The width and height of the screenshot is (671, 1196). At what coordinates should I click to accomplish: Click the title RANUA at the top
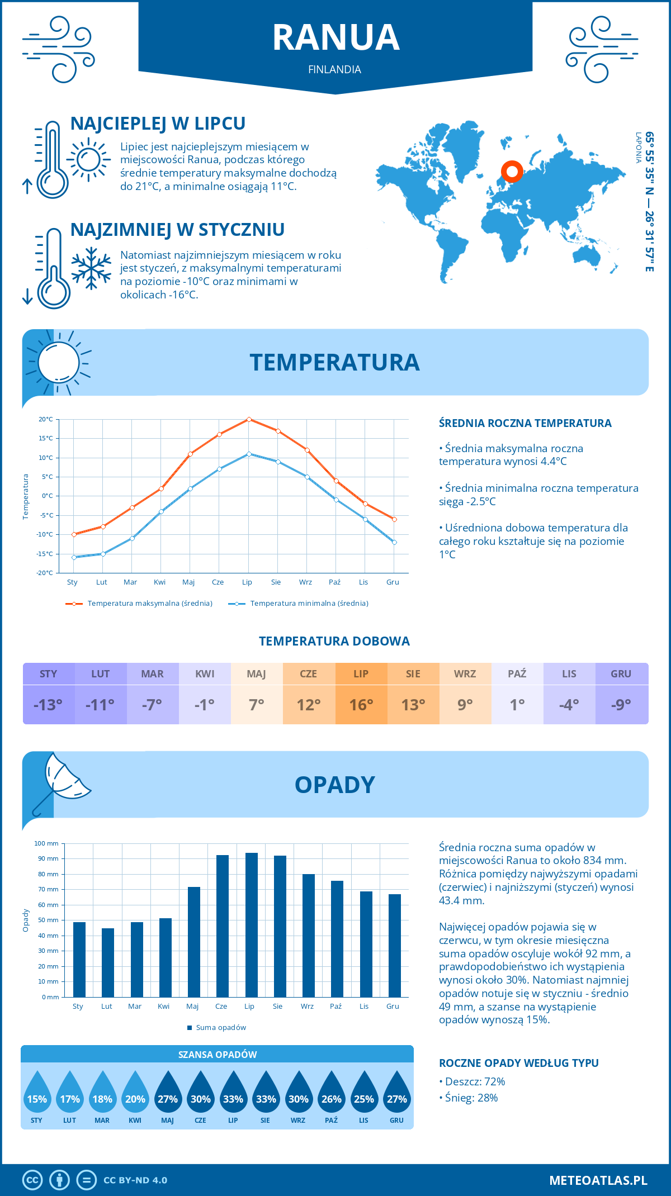[335, 38]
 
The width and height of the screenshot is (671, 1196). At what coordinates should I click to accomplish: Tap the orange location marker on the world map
[512, 171]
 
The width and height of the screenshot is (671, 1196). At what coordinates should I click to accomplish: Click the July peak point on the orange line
[249, 419]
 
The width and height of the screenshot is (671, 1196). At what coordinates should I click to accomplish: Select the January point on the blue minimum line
[74, 557]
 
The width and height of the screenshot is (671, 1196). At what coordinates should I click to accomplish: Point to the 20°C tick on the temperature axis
[46, 419]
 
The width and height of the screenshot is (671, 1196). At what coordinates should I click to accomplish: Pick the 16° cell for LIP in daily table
[361, 705]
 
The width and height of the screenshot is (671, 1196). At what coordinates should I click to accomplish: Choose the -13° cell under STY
[49, 705]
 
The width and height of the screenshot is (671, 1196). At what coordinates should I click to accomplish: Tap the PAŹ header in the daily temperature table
[517, 674]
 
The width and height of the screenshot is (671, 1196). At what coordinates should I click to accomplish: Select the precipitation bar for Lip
[252, 925]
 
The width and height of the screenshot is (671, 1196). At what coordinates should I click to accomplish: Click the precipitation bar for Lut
[108, 962]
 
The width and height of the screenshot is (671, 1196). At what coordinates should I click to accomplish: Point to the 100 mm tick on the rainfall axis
[47, 844]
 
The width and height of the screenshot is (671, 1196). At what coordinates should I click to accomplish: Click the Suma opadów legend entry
[220, 1028]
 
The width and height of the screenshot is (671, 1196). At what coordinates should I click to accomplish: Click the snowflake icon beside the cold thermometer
[91, 268]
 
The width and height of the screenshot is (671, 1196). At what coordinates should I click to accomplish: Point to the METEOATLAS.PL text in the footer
[598, 1180]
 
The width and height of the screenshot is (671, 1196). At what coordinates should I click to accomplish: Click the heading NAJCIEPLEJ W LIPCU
[158, 124]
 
